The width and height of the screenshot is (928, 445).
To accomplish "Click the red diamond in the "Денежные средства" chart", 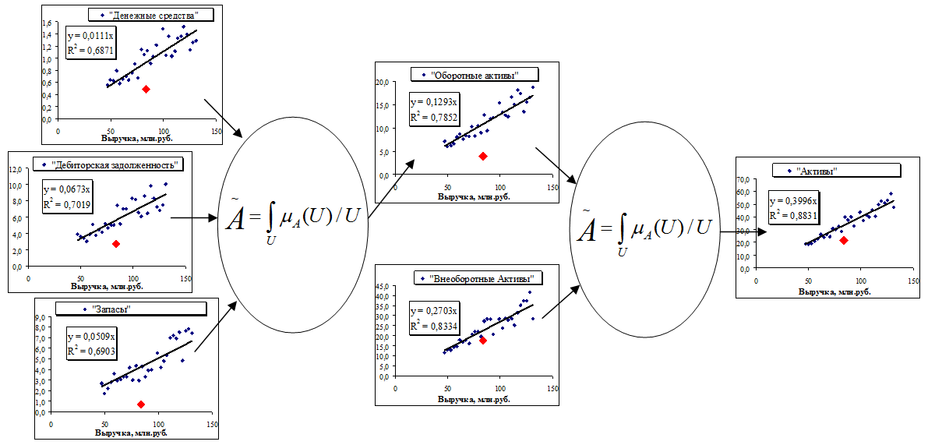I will (146, 90).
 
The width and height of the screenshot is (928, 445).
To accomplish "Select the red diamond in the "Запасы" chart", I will (141, 404).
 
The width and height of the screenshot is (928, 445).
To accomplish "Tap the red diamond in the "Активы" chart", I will (844, 240).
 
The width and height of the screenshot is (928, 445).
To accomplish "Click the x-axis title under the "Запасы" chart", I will (130, 433).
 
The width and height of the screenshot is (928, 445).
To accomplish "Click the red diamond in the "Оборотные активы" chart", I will (483, 156).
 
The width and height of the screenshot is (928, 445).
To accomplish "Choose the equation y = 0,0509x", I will (92, 337).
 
